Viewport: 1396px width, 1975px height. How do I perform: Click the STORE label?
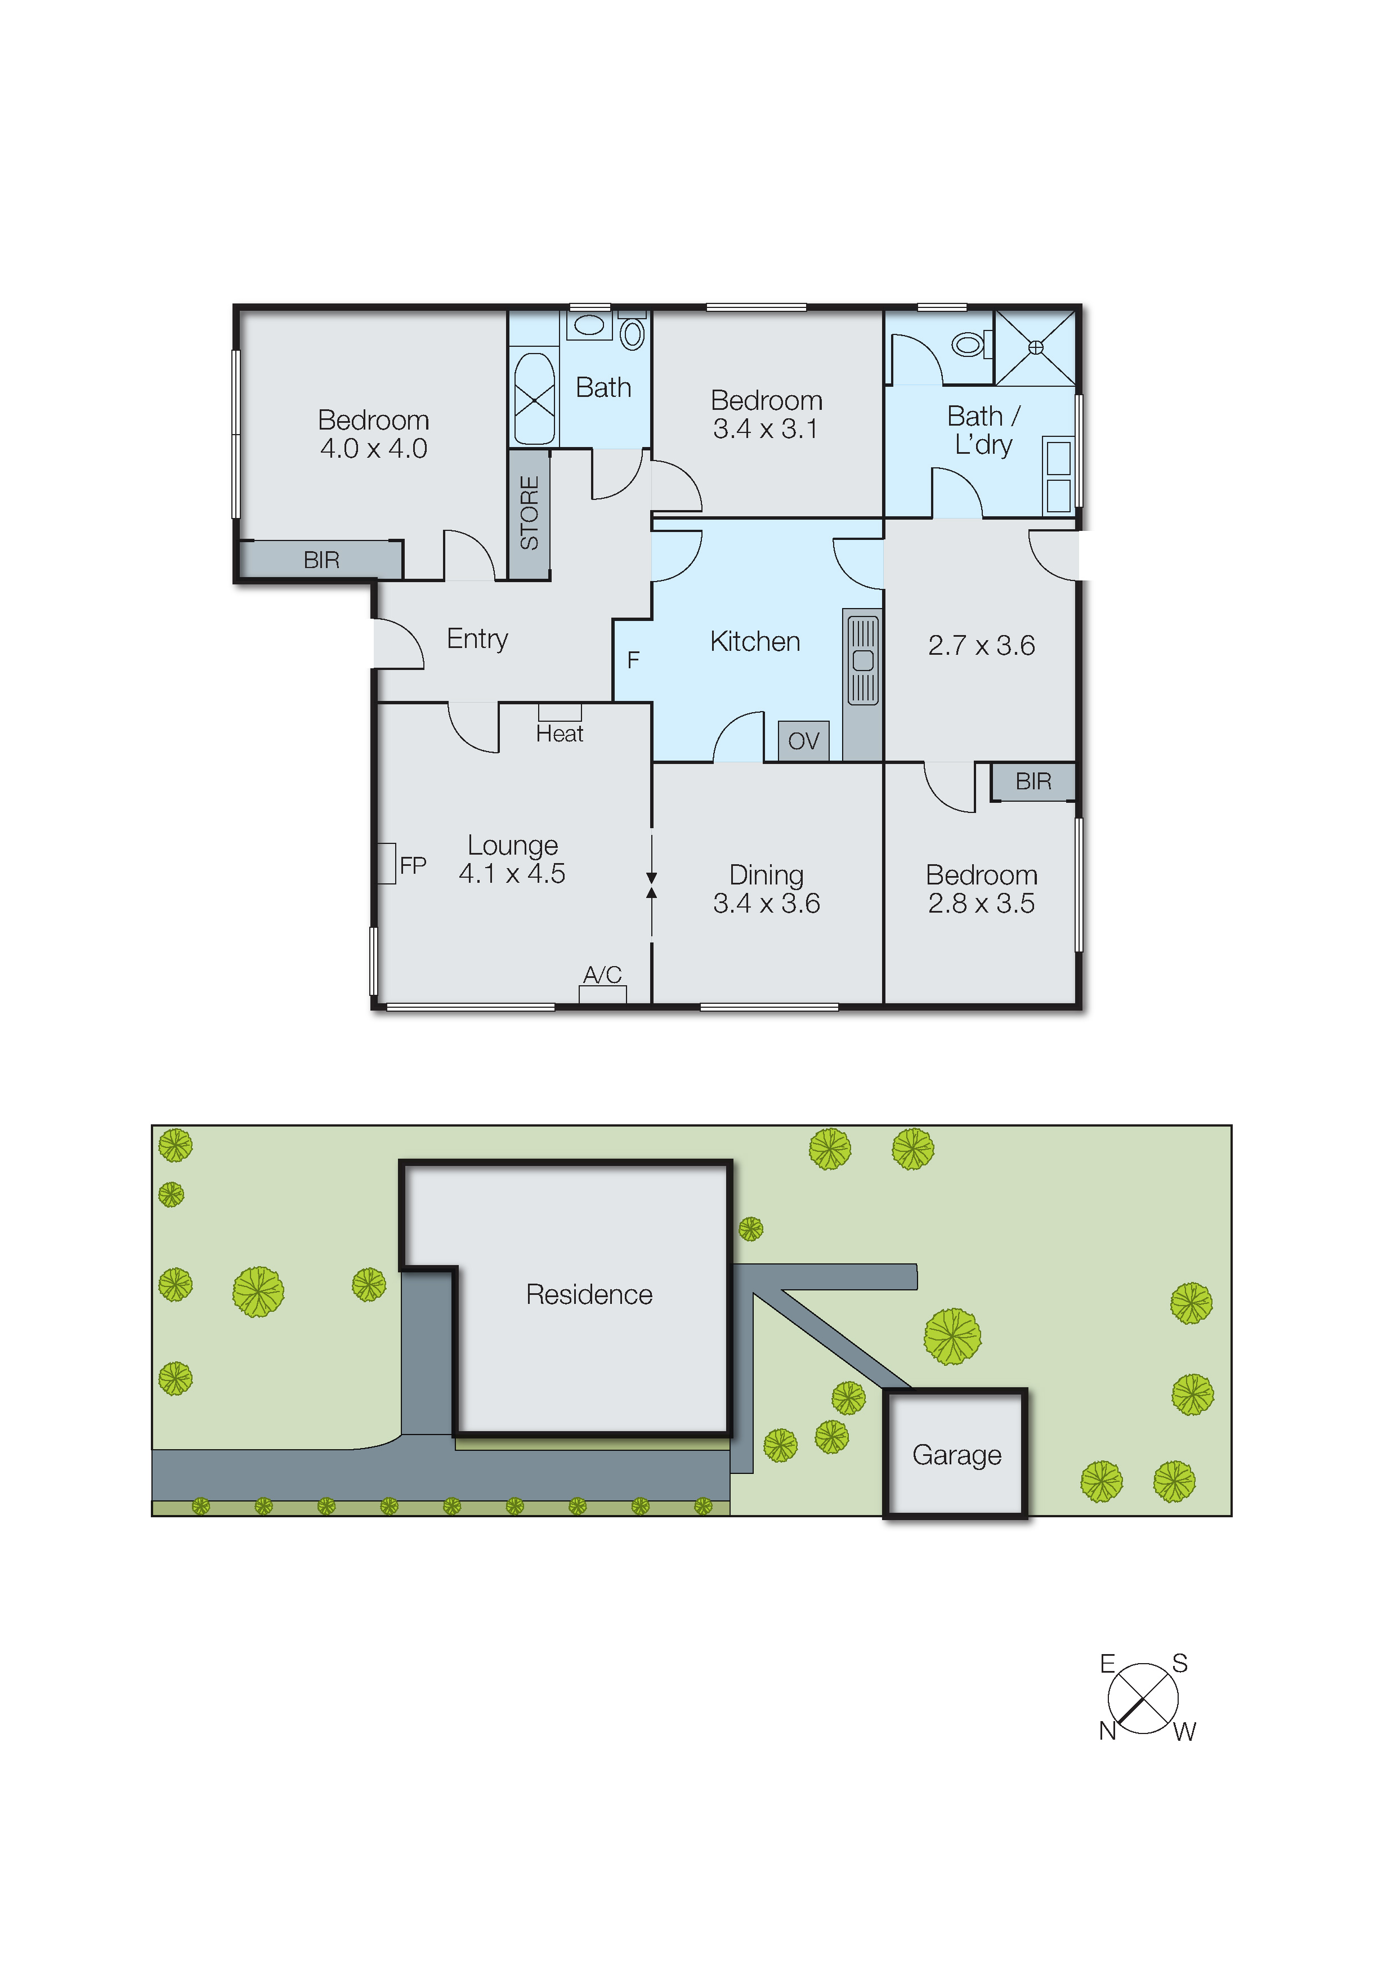click(529, 513)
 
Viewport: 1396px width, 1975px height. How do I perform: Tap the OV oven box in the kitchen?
click(803, 741)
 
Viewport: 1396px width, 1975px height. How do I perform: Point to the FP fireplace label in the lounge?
click(413, 865)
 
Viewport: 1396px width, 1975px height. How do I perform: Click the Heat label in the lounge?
click(559, 734)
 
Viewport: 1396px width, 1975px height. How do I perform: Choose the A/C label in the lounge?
click(602, 975)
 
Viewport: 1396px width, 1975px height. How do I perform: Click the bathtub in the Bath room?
click(534, 400)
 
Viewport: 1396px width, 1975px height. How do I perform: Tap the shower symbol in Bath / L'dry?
click(1036, 347)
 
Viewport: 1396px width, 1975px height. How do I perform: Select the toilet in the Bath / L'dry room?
click(969, 346)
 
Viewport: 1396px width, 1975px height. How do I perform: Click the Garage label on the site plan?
click(956, 1455)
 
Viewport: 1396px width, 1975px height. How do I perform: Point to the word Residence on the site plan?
click(589, 1294)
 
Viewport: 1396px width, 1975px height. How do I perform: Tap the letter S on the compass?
click(1180, 1664)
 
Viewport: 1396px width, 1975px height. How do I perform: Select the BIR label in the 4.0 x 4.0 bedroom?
click(321, 560)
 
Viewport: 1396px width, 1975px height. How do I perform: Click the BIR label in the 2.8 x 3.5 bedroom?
click(1033, 781)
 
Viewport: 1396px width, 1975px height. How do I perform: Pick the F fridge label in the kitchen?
click(633, 660)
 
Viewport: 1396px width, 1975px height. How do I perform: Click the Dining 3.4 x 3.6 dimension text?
click(766, 903)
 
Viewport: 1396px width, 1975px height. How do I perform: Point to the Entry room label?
click(477, 639)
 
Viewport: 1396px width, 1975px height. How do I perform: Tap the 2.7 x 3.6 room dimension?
click(981, 645)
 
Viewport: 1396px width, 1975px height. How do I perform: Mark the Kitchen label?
click(755, 642)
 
